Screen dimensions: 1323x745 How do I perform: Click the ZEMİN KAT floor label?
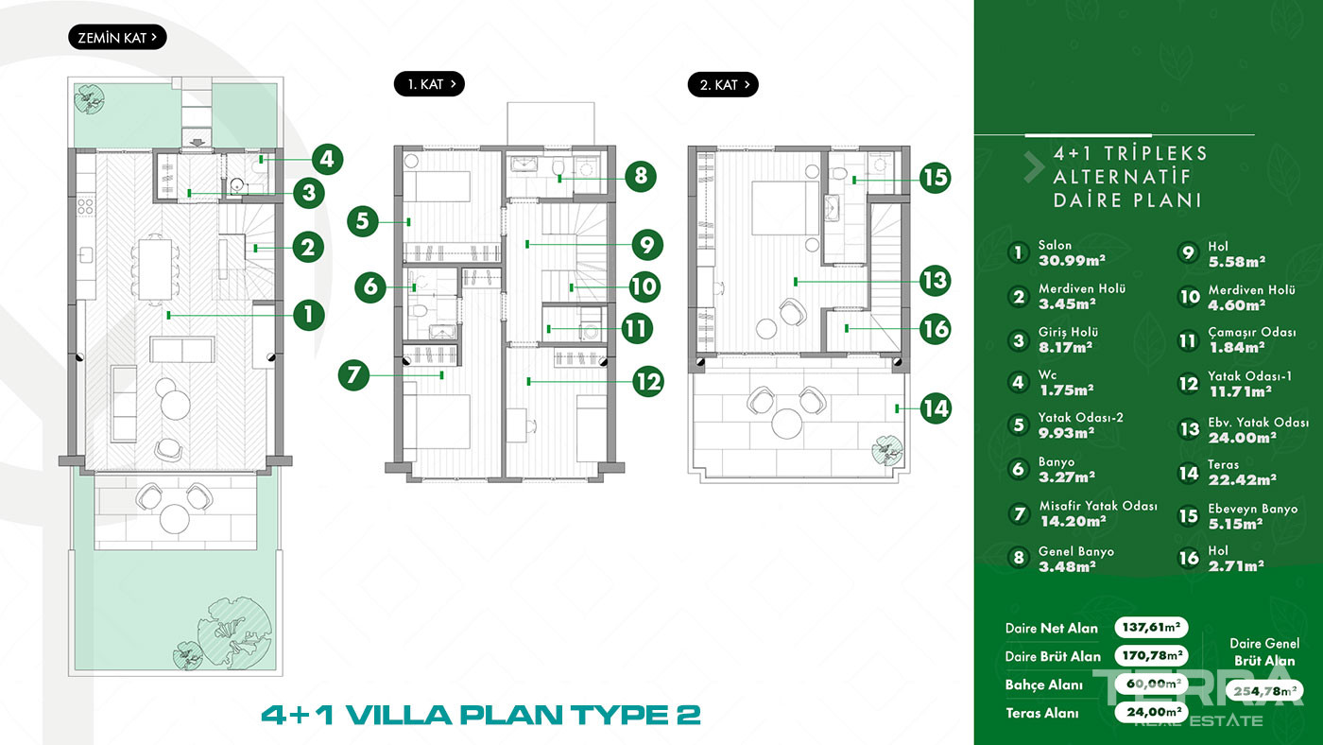click(x=117, y=37)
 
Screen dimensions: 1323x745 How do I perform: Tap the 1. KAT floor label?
click(x=429, y=84)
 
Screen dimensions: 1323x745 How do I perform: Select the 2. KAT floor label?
click(x=723, y=85)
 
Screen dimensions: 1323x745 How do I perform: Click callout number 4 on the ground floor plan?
click(x=327, y=160)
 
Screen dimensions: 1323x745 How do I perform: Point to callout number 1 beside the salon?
click(x=308, y=314)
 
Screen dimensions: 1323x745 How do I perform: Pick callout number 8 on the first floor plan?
click(x=641, y=176)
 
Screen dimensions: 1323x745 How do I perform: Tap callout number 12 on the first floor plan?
click(x=648, y=382)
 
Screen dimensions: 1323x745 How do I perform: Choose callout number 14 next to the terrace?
click(x=936, y=408)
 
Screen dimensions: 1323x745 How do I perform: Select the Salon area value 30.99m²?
click(x=1072, y=261)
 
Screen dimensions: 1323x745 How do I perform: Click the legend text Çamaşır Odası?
click(x=1251, y=332)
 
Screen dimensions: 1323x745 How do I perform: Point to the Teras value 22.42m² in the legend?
click(x=1242, y=479)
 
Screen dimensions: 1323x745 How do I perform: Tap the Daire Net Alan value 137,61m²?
click(x=1151, y=627)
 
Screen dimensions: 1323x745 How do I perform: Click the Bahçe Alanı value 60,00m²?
click(x=1151, y=684)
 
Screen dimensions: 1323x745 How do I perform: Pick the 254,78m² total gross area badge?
click(x=1264, y=691)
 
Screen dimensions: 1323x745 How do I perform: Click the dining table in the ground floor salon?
click(x=155, y=269)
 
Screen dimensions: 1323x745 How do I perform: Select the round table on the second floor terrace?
click(x=786, y=424)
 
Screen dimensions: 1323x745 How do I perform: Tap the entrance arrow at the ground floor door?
click(x=198, y=143)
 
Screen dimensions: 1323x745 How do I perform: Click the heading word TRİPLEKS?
click(x=1156, y=153)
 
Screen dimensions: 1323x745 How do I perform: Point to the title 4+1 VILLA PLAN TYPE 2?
click(x=481, y=715)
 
